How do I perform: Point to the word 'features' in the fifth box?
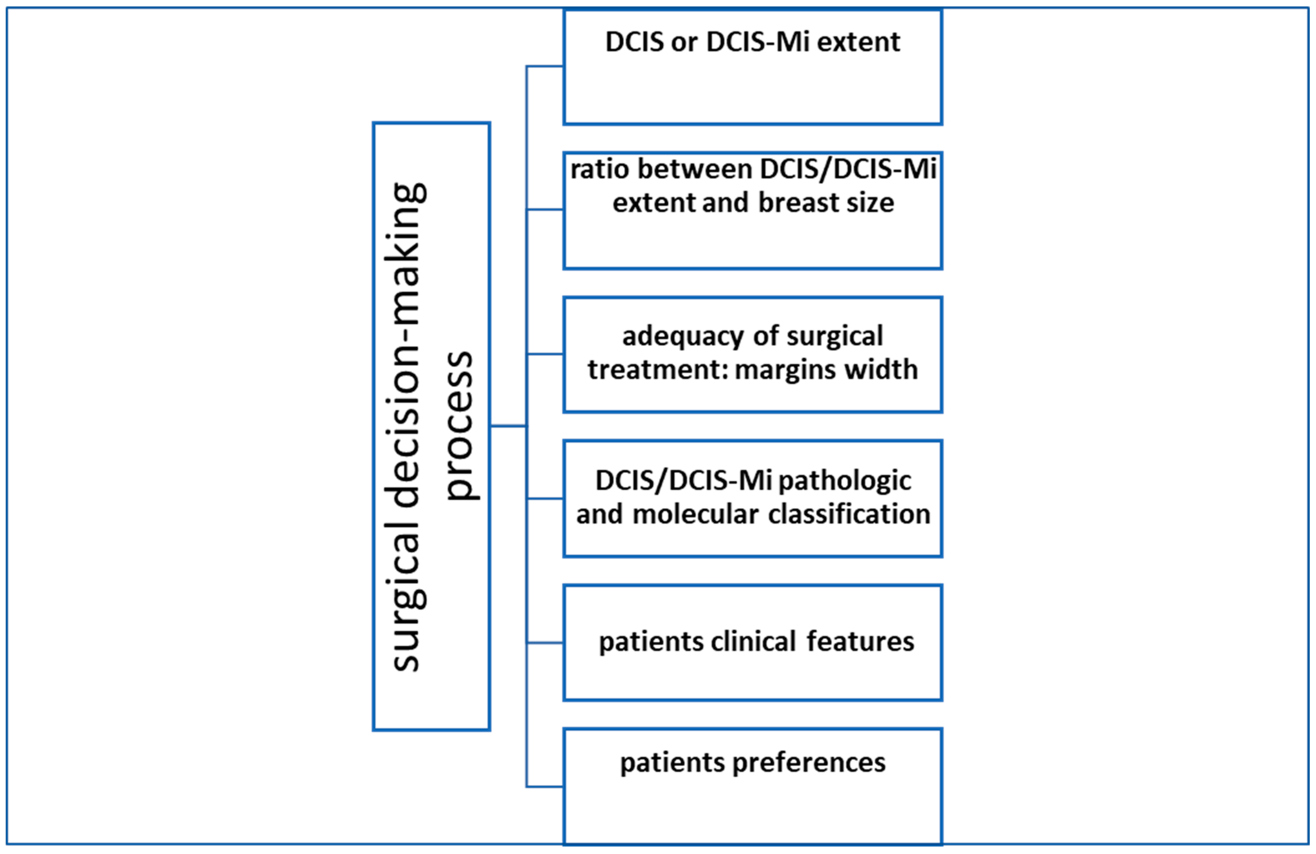click(861, 642)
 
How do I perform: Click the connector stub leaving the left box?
click(507, 426)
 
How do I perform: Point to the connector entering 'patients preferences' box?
click(545, 786)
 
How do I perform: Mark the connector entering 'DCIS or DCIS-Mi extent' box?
click(545, 66)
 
